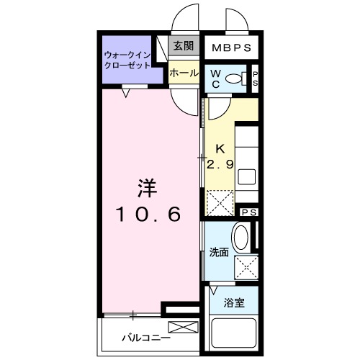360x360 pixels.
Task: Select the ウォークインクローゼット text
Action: coord(127,59)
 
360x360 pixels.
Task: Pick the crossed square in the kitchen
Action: coord(220,202)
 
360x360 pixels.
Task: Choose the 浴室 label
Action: coord(235,303)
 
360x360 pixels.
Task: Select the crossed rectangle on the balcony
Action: coord(181,328)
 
